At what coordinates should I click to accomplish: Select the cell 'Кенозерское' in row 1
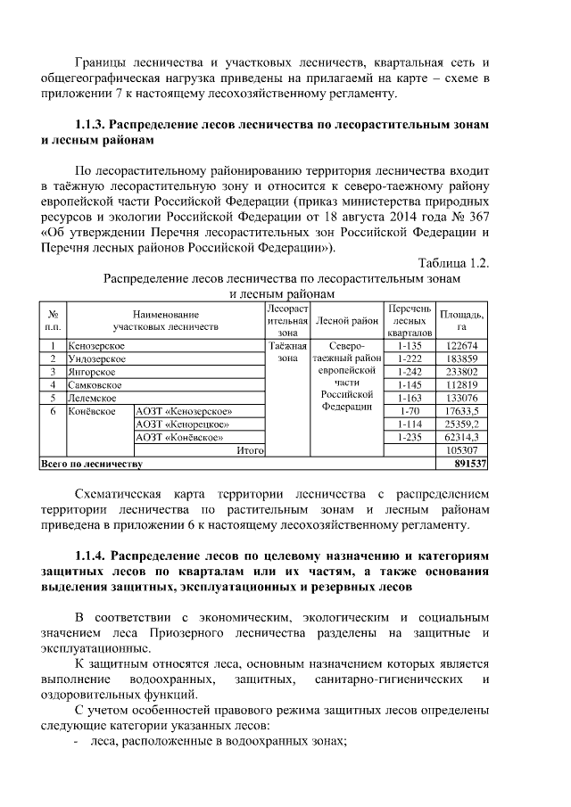[x=96, y=345]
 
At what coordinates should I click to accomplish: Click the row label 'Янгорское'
[x=93, y=372]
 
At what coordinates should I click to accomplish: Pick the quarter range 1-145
[x=409, y=385]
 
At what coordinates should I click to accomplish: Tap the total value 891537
[x=470, y=465]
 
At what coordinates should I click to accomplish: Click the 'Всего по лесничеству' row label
[x=92, y=465]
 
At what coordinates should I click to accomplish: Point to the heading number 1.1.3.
[x=94, y=125]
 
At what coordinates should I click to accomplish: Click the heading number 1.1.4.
[x=94, y=555]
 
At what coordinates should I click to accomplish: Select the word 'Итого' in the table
[x=249, y=451]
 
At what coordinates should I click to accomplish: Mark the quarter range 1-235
[x=409, y=438]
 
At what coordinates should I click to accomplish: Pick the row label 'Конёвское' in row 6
[x=93, y=411]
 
